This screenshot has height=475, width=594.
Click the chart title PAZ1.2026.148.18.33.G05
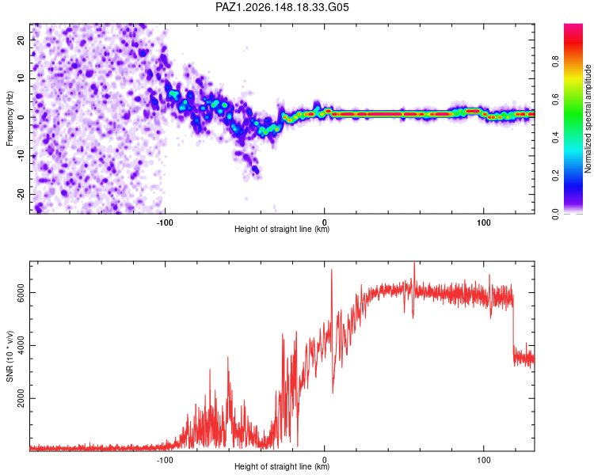pyautogui.click(x=282, y=7)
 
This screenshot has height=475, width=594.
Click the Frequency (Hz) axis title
pyautogui.click(x=10, y=119)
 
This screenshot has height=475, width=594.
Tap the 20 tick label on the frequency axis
pyautogui.click(x=21, y=40)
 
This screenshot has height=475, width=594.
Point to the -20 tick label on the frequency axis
pyautogui.click(x=21, y=194)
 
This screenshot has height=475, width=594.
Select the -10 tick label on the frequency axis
pyautogui.click(x=21, y=156)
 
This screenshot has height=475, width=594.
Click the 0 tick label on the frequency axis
pyautogui.click(x=21, y=117)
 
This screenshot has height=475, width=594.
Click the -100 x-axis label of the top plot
pyautogui.click(x=165, y=222)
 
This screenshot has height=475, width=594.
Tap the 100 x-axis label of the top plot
pyautogui.click(x=484, y=222)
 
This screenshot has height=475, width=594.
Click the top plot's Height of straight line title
pyautogui.click(x=282, y=229)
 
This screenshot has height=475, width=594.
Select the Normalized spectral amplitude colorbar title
pyautogui.click(x=588, y=119)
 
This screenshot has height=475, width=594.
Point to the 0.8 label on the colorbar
pyautogui.click(x=556, y=61)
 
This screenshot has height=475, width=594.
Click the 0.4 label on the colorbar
pyautogui.click(x=556, y=138)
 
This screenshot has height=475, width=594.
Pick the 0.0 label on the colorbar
pyautogui.click(x=556, y=214)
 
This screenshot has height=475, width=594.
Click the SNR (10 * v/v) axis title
pyautogui.click(x=10, y=356)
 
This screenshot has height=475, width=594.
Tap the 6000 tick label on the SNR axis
pyautogui.click(x=21, y=293)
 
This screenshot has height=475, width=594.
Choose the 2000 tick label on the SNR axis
pyautogui.click(x=21, y=398)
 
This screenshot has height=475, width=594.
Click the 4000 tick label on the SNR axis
pyautogui.click(x=21, y=345)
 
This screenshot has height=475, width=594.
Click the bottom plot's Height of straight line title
pyautogui.click(x=282, y=466)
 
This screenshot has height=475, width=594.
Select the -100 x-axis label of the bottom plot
pyautogui.click(x=165, y=460)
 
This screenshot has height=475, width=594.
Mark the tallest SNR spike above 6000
pyautogui.click(x=414, y=263)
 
